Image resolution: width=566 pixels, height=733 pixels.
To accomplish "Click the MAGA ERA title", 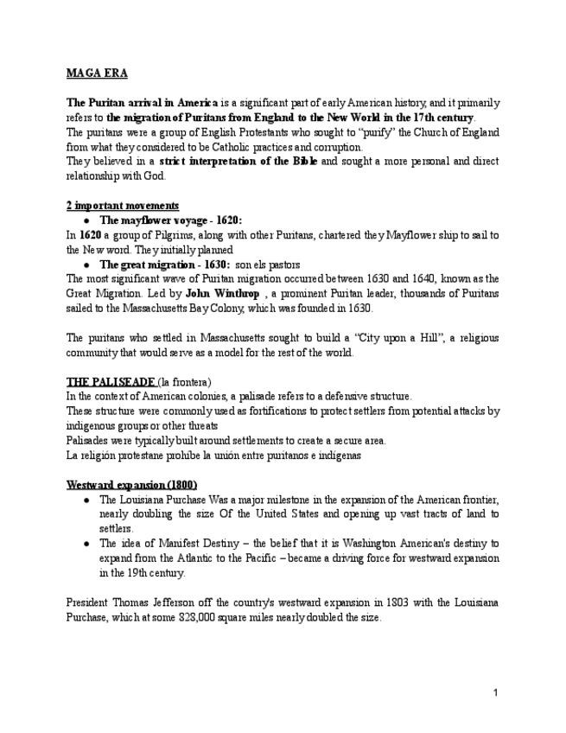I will point(97,73).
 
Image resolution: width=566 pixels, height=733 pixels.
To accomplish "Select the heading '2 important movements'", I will point(123,206).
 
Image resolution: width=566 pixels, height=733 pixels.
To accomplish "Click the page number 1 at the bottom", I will point(496,692).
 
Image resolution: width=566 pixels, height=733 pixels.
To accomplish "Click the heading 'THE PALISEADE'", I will point(111,382).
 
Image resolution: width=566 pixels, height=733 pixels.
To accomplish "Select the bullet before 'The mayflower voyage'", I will point(86,220).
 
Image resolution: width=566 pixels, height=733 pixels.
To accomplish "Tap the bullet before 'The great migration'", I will point(86,264).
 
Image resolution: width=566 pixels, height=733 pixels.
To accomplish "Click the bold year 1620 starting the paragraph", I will point(89,235).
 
